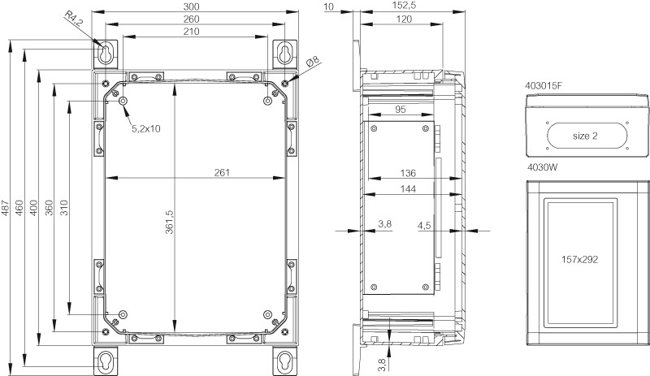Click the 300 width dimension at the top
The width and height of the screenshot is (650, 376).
tap(191, 6)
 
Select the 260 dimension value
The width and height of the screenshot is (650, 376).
tap(191, 19)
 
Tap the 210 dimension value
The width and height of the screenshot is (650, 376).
tap(191, 32)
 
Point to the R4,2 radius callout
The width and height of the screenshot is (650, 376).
tap(73, 19)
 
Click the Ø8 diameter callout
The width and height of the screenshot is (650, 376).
tap(314, 62)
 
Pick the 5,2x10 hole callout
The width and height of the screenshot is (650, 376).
tap(146, 129)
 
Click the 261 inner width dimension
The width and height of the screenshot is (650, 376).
tap(222, 172)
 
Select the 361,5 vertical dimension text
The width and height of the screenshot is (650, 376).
tap(169, 222)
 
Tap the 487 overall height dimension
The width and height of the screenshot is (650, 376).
tap(6, 208)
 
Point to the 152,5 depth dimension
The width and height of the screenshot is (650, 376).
tap(404, 6)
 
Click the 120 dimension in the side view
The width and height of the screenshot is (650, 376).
tap(404, 19)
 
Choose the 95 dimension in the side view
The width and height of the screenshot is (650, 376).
tap(400, 110)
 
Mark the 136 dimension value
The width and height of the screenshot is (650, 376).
tap(408, 173)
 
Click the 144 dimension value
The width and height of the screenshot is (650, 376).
tap(408, 189)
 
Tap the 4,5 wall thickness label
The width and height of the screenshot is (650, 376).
tap(424, 226)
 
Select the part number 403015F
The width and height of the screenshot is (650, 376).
tap(544, 86)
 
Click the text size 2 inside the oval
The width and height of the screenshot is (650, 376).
tap(585, 136)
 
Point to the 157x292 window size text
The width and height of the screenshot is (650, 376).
tap(579, 260)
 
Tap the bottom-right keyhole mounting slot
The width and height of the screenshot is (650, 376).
tap(285, 361)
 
